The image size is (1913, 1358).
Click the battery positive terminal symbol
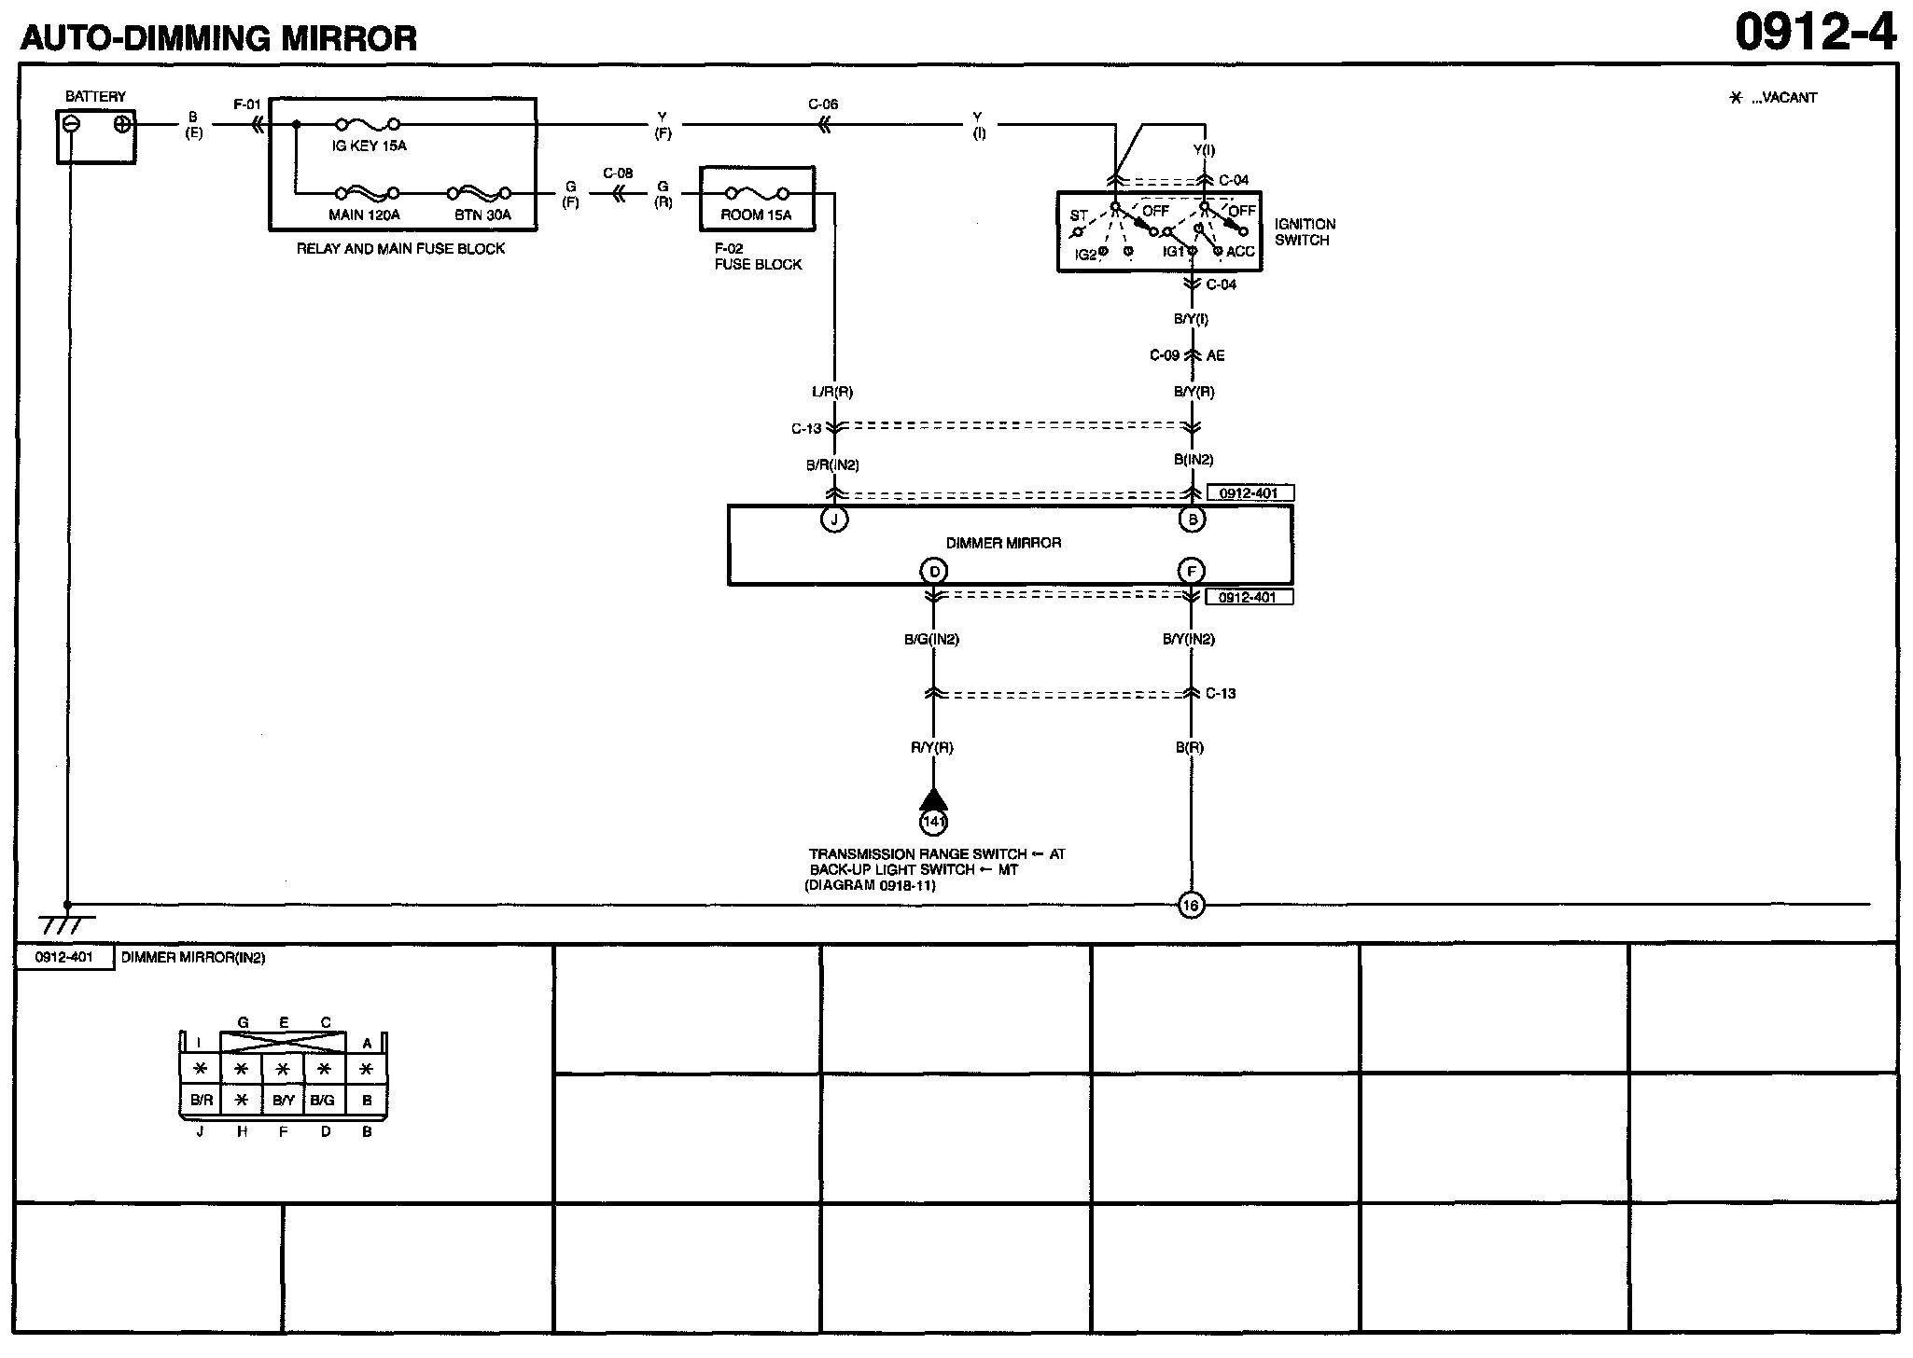point(121,125)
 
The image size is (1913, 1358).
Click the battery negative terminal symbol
point(71,125)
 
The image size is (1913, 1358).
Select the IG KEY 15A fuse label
point(369,146)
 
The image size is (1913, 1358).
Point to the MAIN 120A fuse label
point(364,215)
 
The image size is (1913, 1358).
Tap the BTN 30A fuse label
point(482,215)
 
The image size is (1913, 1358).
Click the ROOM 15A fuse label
point(756,215)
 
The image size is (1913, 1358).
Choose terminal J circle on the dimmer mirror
point(833,520)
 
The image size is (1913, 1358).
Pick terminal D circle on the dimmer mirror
point(933,571)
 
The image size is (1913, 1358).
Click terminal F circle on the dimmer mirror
point(1191,571)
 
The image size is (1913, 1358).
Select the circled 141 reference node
point(933,822)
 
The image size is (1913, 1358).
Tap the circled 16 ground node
point(1191,905)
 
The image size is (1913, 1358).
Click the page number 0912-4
point(1815,34)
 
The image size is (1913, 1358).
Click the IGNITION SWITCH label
point(1305,232)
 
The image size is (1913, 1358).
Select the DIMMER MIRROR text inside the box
point(1003,543)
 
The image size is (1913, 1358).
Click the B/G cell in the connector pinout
point(322,1101)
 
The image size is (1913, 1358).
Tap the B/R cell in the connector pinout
point(201,1101)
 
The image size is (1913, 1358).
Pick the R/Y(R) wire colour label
point(932,747)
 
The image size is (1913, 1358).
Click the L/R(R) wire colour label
point(832,393)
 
